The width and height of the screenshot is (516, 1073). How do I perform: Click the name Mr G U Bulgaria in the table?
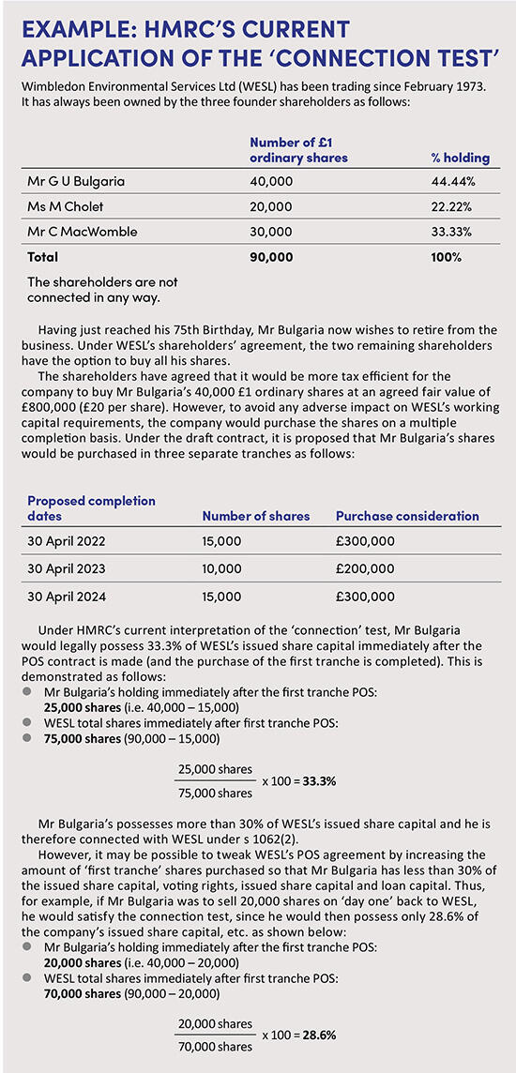[76, 181]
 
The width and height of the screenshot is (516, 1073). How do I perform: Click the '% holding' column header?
[459, 158]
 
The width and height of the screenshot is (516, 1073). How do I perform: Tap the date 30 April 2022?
[68, 541]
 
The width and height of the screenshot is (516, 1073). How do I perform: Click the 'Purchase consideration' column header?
[407, 516]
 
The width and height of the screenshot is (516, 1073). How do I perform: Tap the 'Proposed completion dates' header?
[91, 508]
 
